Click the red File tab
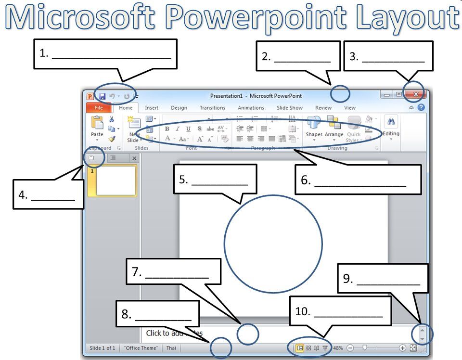[98, 108]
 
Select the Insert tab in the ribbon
[152, 108]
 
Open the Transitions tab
[212, 108]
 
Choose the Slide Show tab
[289, 108]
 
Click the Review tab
[323, 108]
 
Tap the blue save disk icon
[102, 96]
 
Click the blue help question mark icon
[422, 108]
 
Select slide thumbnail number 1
[115, 181]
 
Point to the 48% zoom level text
[338, 348]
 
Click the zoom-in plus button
[402, 348]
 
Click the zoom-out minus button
[350, 348]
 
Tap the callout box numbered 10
[341, 311]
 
